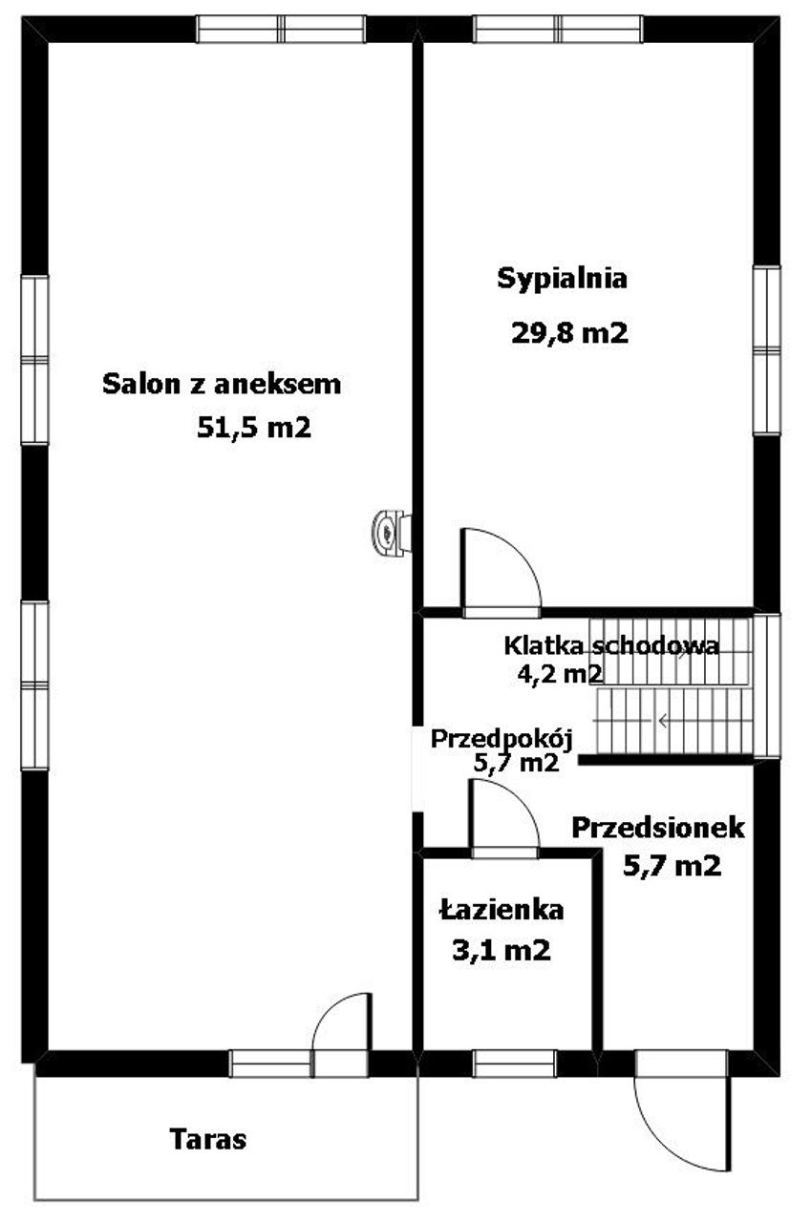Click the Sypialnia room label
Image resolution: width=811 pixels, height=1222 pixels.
[x=562, y=280]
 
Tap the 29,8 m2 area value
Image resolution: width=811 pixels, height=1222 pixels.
[x=569, y=331]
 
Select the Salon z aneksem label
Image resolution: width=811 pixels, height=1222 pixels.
[x=222, y=384]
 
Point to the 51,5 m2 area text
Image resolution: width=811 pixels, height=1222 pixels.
[x=254, y=428]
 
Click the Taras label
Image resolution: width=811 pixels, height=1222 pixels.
[x=208, y=1140]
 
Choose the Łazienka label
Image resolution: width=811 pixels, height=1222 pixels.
[x=502, y=910]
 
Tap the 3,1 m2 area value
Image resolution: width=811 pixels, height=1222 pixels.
[x=501, y=950]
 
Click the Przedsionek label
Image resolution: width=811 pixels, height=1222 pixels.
[x=658, y=828]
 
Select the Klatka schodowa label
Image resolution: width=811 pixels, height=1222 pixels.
[x=611, y=645]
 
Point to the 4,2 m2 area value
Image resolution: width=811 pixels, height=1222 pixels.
[x=560, y=674]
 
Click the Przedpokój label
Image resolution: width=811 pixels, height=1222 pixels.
[x=502, y=739]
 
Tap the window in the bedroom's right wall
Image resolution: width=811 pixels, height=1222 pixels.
[x=767, y=350]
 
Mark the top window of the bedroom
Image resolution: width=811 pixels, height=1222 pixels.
[x=558, y=30]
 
